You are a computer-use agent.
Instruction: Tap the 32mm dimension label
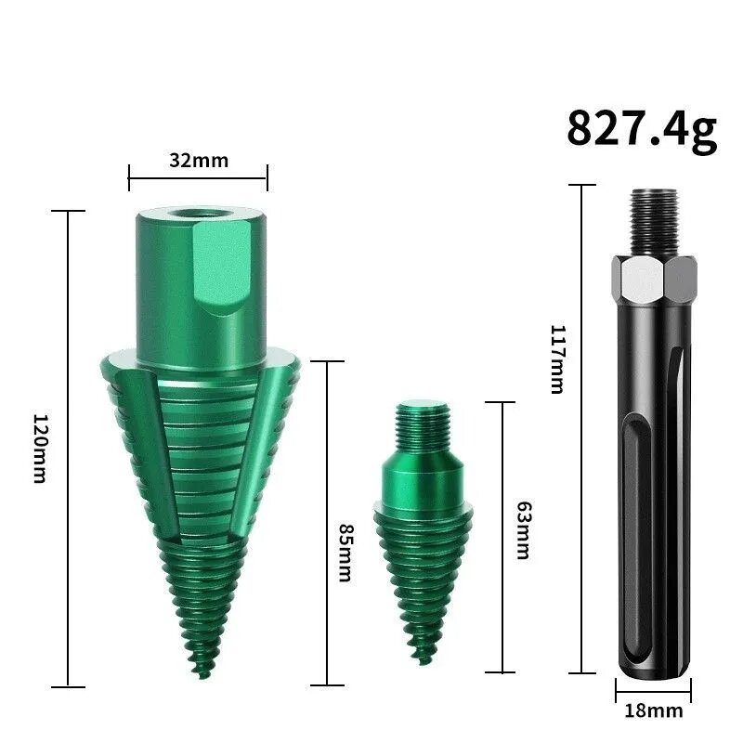199,160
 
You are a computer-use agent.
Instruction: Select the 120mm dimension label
41,449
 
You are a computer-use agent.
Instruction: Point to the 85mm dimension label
345,553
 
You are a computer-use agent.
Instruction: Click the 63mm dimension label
523,530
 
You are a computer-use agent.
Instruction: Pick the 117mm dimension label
558,359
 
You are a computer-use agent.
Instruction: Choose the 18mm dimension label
654,710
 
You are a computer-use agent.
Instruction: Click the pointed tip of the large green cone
203,676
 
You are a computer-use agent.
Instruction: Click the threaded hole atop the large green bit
201,213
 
